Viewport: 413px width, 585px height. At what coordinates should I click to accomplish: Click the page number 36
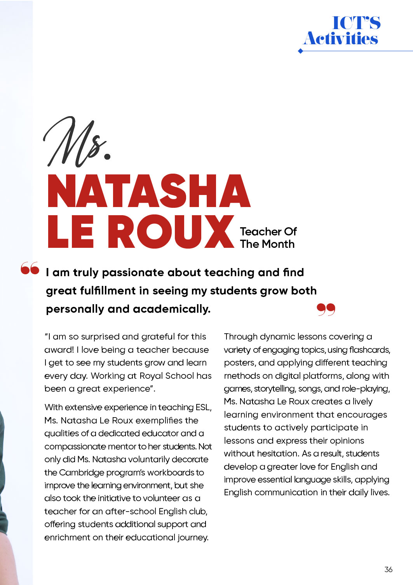(388, 569)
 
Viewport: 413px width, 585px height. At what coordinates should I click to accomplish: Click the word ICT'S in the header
(356, 23)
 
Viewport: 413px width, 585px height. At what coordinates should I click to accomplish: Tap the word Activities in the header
(341, 38)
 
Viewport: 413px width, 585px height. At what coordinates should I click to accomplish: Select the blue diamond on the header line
(300, 51)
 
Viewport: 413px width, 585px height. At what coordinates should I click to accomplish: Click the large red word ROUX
(171, 232)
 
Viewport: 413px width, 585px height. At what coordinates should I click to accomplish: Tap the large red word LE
(71, 232)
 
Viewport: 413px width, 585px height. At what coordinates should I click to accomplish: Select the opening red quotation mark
(30, 268)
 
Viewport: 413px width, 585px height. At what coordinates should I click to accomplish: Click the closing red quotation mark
(326, 309)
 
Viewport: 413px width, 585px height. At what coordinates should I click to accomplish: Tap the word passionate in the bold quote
(132, 273)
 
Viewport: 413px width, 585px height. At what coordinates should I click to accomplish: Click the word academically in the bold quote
(171, 309)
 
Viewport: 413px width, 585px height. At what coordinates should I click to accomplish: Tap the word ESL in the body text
(203, 407)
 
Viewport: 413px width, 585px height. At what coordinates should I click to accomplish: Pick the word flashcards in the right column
(369, 350)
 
